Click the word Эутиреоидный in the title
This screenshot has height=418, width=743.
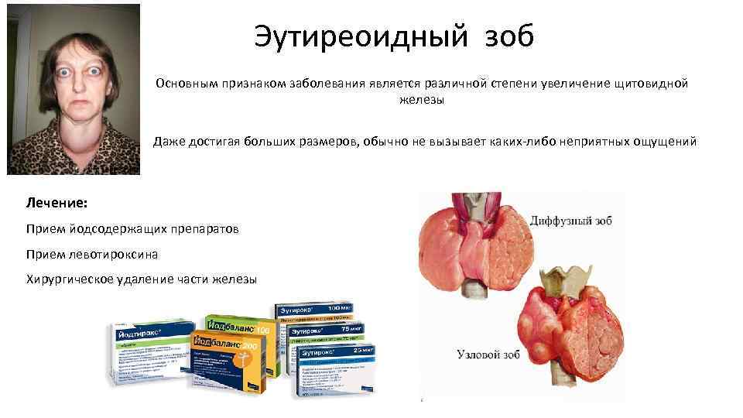tap(350, 36)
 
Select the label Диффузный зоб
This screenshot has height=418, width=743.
tap(571, 221)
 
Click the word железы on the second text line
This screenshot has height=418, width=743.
tap(422, 98)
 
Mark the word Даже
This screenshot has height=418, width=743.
tap(169, 142)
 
